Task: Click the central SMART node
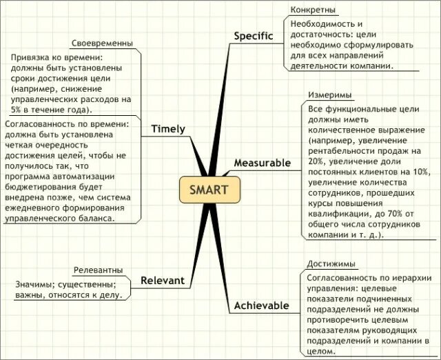point(205,190)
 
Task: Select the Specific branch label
point(254,36)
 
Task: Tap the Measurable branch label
point(263,163)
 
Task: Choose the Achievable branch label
point(262,305)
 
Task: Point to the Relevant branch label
point(163,280)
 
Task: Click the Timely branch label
point(168,129)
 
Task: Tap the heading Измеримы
point(327,95)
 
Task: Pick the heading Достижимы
point(331,263)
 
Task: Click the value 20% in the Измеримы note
point(318,160)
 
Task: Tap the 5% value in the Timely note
point(16,110)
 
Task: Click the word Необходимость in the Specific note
point(321,23)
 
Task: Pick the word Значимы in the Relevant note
point(33,284)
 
